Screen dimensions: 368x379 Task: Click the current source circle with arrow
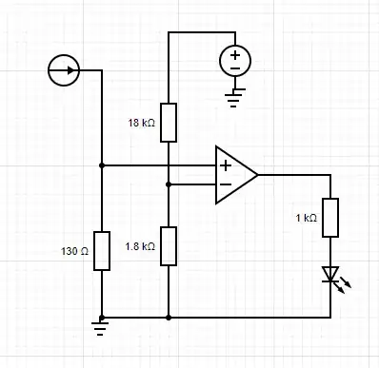tap(64, 70)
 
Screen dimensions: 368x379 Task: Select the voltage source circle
tap(235, 62)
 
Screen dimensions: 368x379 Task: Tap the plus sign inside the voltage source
tap(235, 55)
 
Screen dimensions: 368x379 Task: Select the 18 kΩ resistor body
tap(168, 122)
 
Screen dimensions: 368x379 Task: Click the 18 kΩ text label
tap(141, 123)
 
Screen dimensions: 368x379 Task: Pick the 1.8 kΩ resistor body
tap(168, 245)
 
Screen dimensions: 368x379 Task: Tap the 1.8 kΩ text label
tap(140, 246)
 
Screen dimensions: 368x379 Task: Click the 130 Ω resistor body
tap(101, 251)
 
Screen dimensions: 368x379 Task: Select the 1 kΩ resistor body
tap(330, 218)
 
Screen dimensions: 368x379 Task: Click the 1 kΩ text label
tap(308, 218)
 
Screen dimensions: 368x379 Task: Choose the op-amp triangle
tap(233, 175)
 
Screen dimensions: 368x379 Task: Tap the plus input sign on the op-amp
tap(225, 165)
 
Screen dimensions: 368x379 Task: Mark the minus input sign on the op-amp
tap(225, 184)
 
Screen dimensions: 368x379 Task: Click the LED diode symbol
tap(330, 276)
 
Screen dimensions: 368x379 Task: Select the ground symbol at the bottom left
tap(101, 329)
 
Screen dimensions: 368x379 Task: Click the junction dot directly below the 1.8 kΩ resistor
tap(168, 317)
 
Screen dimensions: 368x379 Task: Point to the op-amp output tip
tap(258, 175)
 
